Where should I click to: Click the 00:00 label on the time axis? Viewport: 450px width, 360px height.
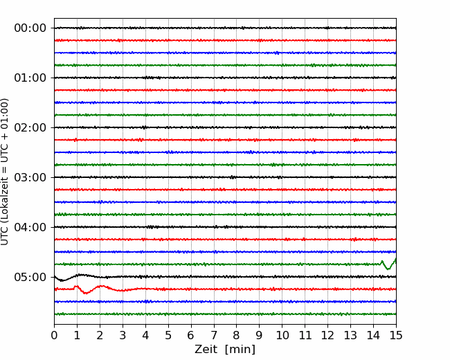[30, 28]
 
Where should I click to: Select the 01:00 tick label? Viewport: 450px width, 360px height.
[30, 78]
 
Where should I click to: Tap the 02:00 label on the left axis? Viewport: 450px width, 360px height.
[30, 127]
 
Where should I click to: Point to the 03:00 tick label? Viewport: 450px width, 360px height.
[30, 177]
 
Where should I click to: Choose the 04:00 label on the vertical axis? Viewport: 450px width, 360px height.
[30, 227]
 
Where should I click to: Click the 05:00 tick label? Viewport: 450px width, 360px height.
[30, 277]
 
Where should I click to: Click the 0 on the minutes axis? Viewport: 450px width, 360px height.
[54, 335]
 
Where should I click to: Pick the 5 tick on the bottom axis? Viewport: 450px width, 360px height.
[168, 335]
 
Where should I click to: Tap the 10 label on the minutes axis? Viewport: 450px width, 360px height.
[282, 335]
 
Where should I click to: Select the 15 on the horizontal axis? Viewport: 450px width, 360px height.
[396, 335]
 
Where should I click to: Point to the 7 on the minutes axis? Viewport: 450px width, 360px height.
[214, 335]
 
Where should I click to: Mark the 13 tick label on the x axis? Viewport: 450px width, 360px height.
[350, 335]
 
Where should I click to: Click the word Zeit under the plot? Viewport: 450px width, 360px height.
[206, 349]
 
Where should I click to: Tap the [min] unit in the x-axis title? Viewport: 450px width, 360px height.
[240, 350]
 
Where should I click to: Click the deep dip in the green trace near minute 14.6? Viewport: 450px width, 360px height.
[388, 269]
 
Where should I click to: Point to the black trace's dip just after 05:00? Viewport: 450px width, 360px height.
[62, 280]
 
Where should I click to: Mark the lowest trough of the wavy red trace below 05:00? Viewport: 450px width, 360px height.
[86, 293]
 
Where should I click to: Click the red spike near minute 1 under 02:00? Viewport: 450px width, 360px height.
[75, 140]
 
